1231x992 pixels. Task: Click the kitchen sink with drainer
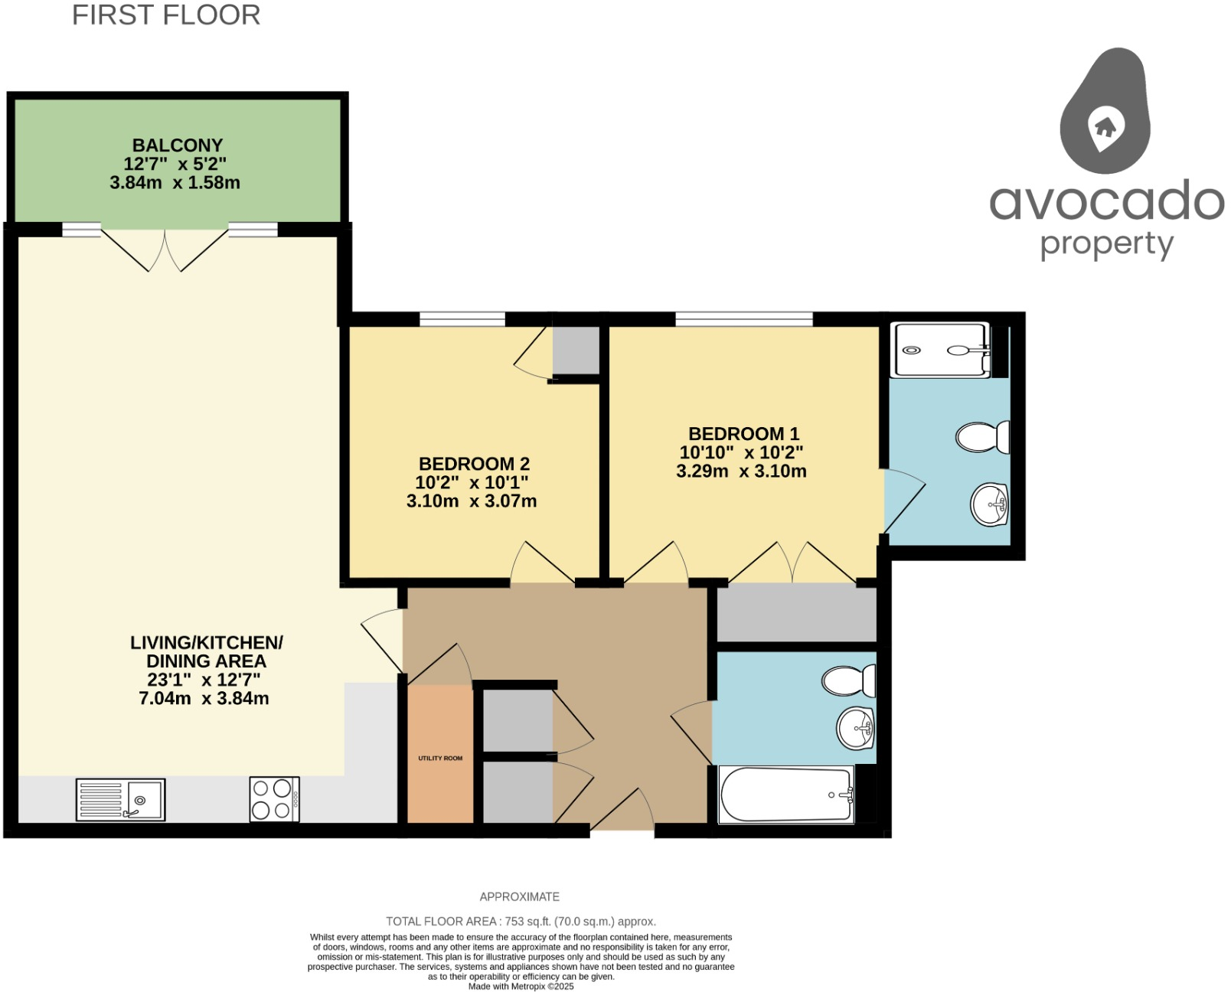(x=120, y=800)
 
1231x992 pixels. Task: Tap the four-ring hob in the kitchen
(x=274, y=800)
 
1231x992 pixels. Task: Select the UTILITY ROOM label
(x=440, y=759)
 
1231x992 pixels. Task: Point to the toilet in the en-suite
(x=983, y=438)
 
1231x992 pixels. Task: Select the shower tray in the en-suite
(x=940, y=351)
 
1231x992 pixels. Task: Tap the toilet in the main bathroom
(x=848, y=680)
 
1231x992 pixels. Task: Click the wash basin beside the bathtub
(x=855, y=728)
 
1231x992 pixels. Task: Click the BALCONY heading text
(x=178, y=145)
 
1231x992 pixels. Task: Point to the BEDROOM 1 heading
(x=743, y=434)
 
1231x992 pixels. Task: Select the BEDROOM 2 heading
(x=474, y=464)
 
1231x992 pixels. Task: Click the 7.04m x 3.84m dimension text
(x=204, y=698)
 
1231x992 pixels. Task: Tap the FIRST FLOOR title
(x=166, y=15)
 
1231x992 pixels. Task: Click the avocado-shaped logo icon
(x=1105, y=111)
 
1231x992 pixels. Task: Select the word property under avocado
(x=1106, y=245)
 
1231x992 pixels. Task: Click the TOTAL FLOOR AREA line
(x=521, y=922)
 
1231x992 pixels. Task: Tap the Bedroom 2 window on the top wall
(x=462, y=319)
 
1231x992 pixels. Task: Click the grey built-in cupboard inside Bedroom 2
(x=576, y=350)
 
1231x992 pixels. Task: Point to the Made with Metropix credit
(x=521, y=987)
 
